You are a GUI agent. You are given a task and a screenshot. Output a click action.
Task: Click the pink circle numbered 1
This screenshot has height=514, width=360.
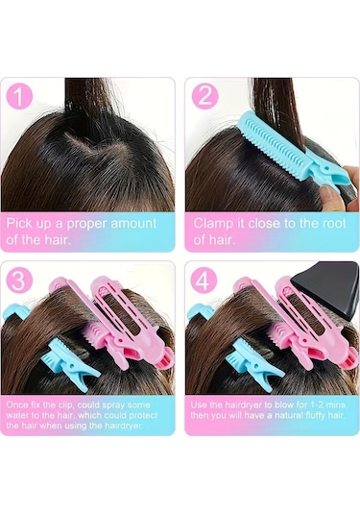pos(19,96)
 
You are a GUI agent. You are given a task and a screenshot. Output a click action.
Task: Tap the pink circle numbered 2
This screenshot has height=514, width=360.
pos(204,96)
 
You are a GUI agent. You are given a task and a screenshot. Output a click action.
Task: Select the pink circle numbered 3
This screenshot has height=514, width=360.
pos(19,281)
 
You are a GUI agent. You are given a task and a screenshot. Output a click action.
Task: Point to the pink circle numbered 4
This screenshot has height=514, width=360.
pos(204,281)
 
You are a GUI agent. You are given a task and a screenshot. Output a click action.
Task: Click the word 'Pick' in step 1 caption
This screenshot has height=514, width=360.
pos(19,224)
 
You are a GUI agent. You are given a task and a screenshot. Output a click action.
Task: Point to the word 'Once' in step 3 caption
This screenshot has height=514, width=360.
pos(17,404)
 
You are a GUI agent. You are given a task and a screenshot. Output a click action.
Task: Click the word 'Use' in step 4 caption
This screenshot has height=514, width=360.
pos(199,404)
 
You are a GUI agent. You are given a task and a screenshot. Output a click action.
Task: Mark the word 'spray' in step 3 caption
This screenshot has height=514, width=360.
pos(113,405)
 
